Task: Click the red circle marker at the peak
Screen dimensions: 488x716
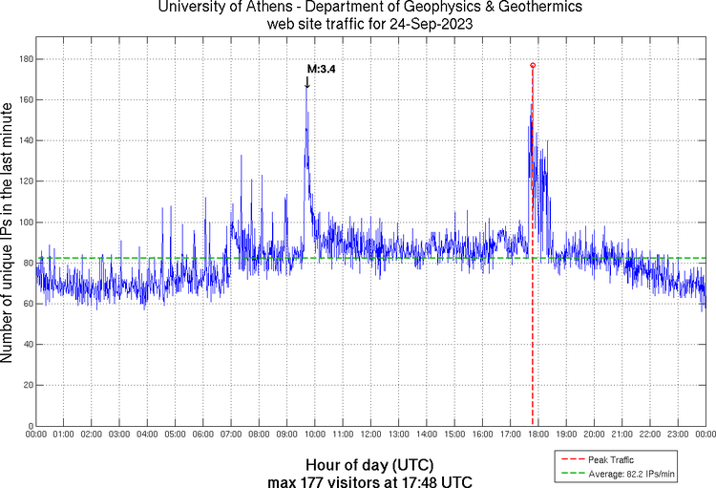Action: [532, 65]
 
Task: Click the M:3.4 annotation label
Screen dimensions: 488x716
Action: [322, 69]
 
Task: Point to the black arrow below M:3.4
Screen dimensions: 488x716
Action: [306, 82]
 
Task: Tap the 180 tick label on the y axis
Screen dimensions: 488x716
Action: [25, 59]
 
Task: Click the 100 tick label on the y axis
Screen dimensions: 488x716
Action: [25, 223]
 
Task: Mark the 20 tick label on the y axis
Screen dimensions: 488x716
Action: [28, 385]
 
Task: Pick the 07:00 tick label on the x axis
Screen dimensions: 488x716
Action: [230, 435]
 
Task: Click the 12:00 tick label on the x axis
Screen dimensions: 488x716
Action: [369, 435]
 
